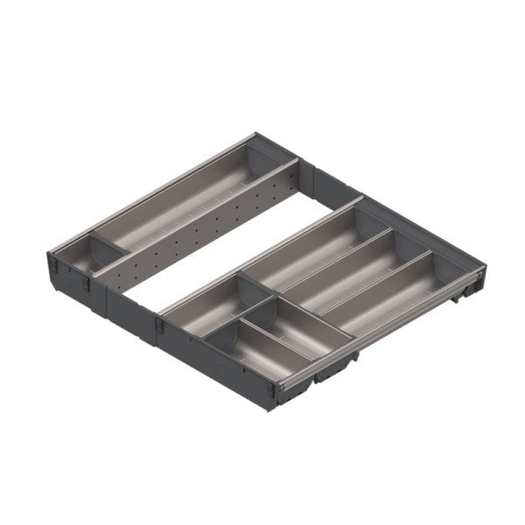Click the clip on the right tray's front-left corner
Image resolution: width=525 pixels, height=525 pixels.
pos(161,325)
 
